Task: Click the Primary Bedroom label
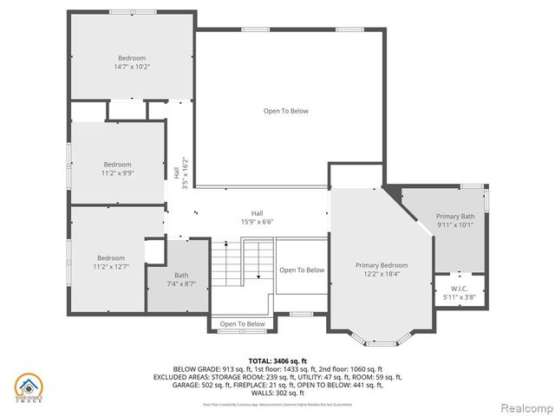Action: pos(381,265)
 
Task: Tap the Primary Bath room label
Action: pos(454,217)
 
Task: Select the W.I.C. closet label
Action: pos(460,289)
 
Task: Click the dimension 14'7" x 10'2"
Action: pos(132,67)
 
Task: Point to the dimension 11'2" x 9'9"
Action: pos(117,173)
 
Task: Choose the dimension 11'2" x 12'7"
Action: pos(111,267)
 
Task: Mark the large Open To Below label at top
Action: pos(285,111)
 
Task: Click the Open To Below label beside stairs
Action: pos(302,270)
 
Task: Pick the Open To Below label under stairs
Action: pos(242,324)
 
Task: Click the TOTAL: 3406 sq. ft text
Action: pos(277,360)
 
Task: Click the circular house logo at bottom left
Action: pos(28,387)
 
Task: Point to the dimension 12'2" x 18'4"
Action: pos(381,275)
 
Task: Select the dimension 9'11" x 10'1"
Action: pos(454,225)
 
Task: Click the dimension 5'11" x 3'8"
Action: pos(460,298)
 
